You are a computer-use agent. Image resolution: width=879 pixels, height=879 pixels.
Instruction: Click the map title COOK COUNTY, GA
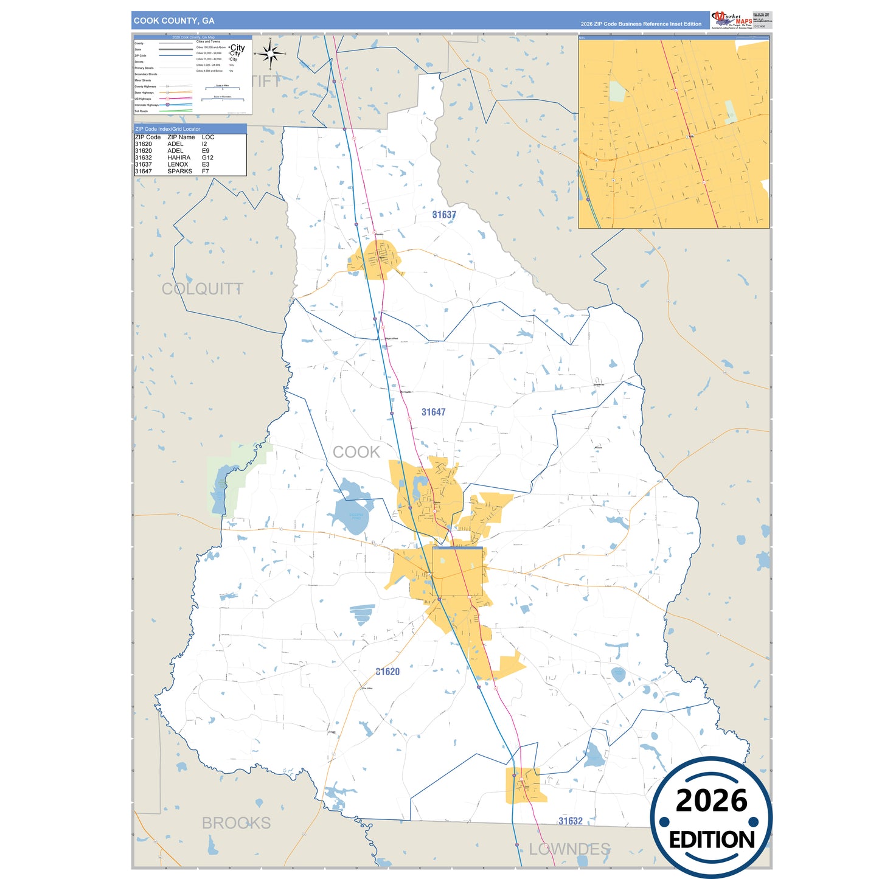[174, 21]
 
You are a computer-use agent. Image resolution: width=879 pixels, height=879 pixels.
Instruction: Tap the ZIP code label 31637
[444, 215]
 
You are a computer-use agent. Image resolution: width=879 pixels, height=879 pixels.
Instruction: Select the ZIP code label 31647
[433, 412]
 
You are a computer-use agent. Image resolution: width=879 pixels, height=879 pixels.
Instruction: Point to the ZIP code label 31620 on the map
[387, 672]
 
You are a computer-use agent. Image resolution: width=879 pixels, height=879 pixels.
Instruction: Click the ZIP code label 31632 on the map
[570, 821]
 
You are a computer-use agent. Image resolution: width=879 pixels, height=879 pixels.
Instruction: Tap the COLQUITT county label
[202, 289]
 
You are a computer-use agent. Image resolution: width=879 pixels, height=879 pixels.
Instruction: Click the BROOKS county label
[236, 823]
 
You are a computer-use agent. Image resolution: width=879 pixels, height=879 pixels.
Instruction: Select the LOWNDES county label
[569, 849]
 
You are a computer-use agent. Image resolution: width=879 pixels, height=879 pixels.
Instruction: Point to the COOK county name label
[356, 452]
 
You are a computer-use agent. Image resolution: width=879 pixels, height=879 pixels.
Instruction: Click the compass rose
[271, 54]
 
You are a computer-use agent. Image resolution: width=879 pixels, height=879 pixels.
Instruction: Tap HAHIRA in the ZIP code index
[179, 158]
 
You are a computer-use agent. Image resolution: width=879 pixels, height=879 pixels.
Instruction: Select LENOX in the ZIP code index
[178, 164]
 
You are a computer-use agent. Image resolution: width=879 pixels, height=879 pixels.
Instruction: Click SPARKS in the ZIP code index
[179, 172]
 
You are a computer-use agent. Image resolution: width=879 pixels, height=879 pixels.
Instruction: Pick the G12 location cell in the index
[207, 158]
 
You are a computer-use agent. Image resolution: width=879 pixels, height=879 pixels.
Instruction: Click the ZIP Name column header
[181, 137]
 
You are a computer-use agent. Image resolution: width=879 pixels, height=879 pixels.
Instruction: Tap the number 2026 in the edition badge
[711, 801]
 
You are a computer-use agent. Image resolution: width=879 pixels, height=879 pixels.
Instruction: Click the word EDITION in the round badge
[712, 840]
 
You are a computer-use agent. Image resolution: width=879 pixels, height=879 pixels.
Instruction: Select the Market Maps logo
[732, 20]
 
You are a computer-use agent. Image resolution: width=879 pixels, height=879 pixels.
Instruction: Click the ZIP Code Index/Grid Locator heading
[168, 129]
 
